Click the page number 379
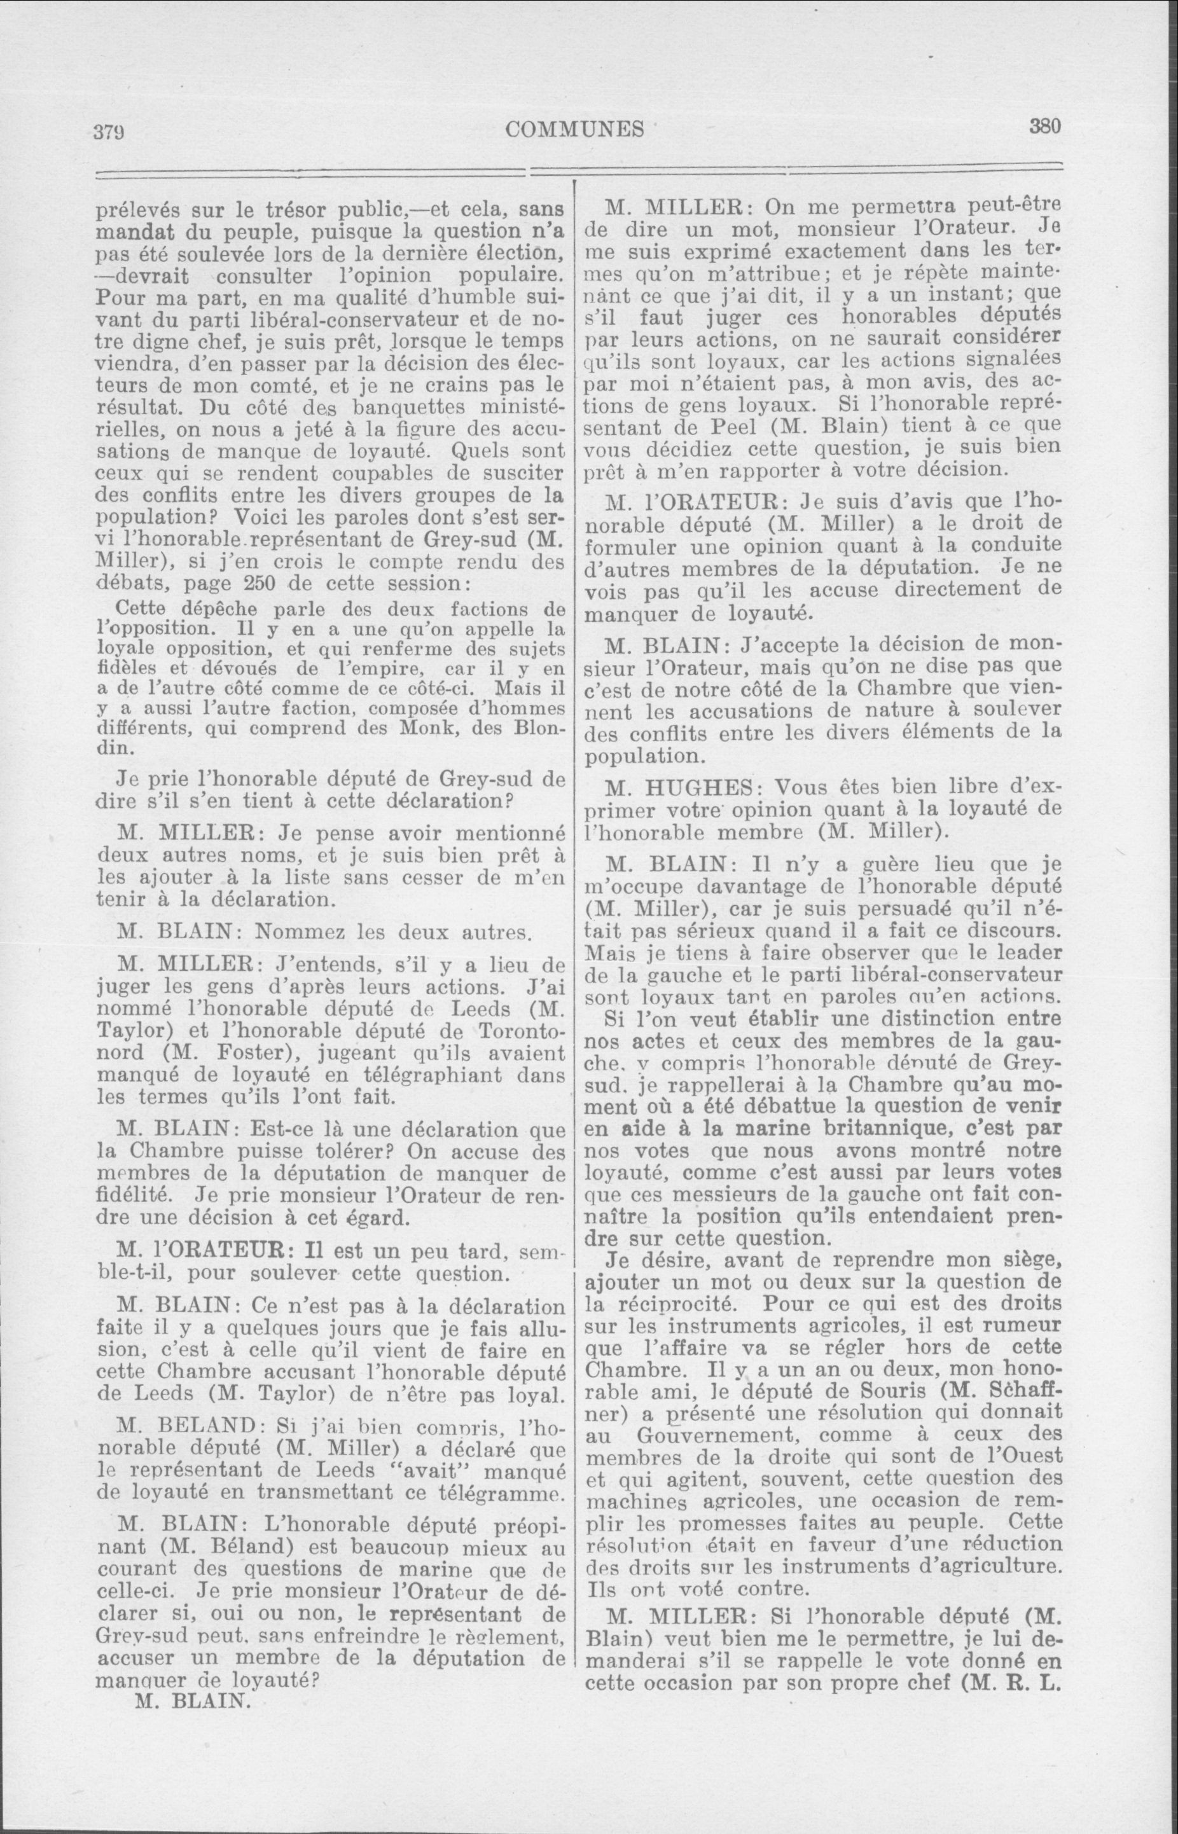coord(110,132)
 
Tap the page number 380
coord(1045,126)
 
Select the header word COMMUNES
coord(574,129)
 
